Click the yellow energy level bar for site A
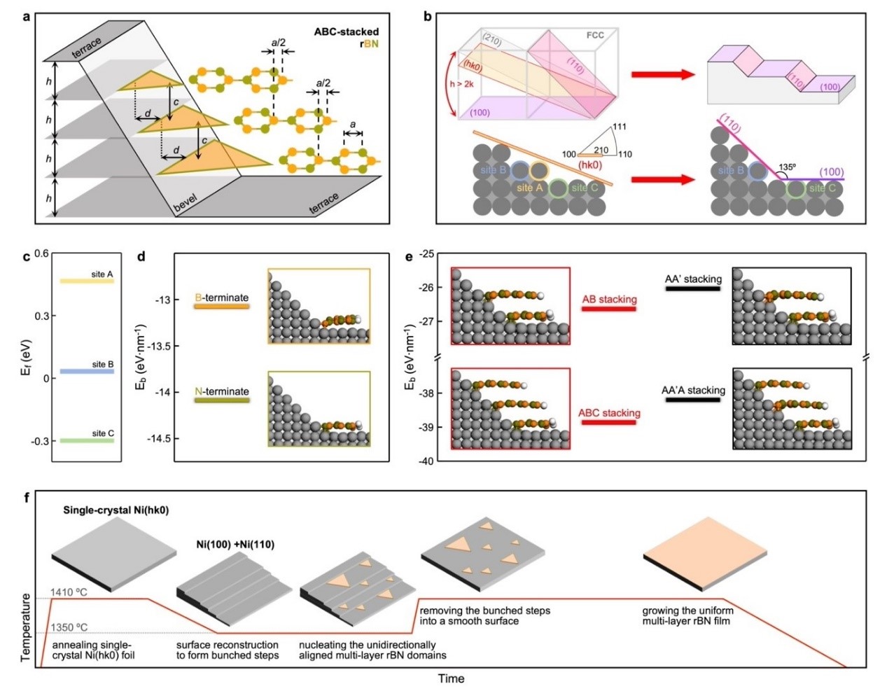tap(87, 281)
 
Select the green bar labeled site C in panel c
tap(87, 440)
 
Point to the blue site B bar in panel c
tap(87, 372)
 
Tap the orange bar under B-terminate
tap(222, 306)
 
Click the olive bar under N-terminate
tap(222, 400)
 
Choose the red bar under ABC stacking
tap(608, 422)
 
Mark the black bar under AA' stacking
tap(692, 288)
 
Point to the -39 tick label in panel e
tap(426, 427)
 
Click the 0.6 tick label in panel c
tap(41, 253)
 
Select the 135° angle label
tap(787, 167)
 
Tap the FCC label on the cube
tap(595, 35)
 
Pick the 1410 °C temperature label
tap(69, 592)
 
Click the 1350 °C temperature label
tap(69, 627)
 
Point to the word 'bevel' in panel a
tap(186, 203)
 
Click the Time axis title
tap(451, 678)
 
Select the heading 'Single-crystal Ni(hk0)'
tap(116, 510)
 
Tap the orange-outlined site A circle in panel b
tap(540, 171)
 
